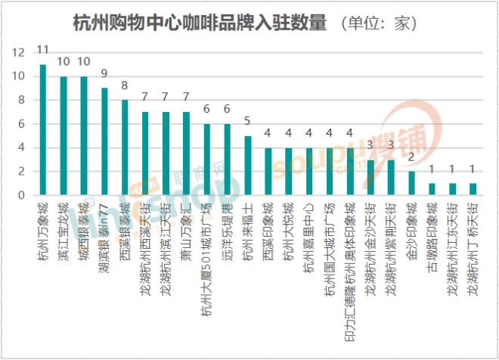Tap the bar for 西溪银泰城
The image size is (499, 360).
(x=125, y=147)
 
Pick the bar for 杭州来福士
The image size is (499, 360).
(x=247, y=166)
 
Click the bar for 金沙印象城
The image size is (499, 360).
(x=411, y=183)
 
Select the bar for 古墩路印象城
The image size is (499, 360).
(x=432, y=189)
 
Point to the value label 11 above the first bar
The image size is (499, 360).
(x=43, y=50)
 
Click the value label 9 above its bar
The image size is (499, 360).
(x=104, y=73)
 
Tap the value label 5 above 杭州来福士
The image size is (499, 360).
(x=247, y=121)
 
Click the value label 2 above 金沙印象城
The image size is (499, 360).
(x=411, y=157)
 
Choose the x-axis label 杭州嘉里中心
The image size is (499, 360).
(x=308, y=231)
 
